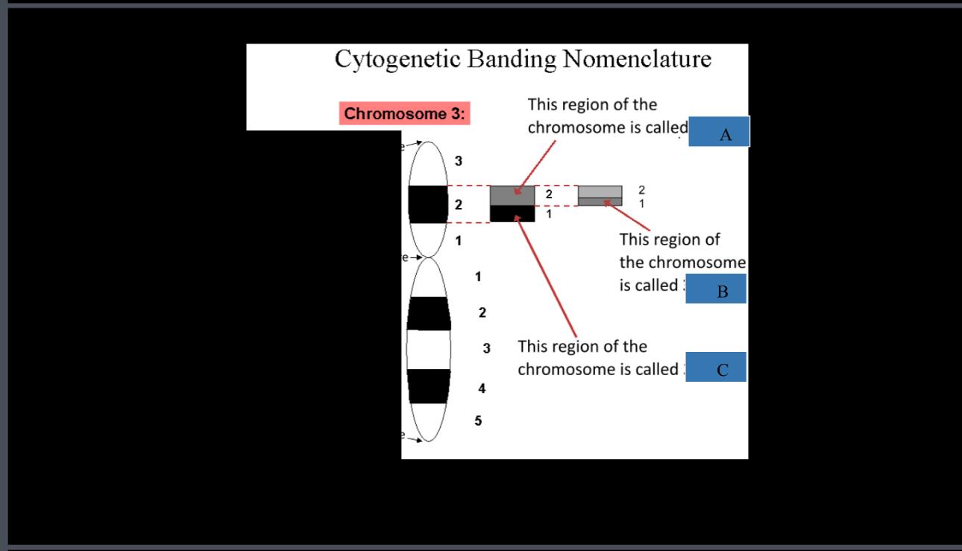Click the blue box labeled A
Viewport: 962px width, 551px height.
click(x=718, y=131)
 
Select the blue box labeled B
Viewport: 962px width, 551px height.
click(x=716, y=289)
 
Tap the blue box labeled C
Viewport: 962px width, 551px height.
click(x=716, y=367)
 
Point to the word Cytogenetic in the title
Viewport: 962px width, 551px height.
click(x=397, y=59)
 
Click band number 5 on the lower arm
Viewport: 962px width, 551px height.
click(x=478, y=421)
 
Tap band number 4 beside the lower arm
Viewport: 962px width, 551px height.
click(x=482, y=388)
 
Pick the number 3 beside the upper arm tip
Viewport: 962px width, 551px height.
click(x=459, y=160)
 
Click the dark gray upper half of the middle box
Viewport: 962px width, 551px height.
click(x=512, y=195)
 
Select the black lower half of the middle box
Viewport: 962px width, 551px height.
click(x=512, y=214)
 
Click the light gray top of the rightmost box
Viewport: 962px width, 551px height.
click(x=600, y=192)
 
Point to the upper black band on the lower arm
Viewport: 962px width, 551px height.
click(x=429, y=313)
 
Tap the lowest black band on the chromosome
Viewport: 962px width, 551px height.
click(x=429, y=386)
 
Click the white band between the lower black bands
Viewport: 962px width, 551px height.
click(x=429, y=349)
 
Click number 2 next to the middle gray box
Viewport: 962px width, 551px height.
click(x=548, y=194)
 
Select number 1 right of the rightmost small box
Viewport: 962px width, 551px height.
click(x=642, y=203)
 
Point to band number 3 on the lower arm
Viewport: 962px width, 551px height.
click(x=486, y=348)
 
